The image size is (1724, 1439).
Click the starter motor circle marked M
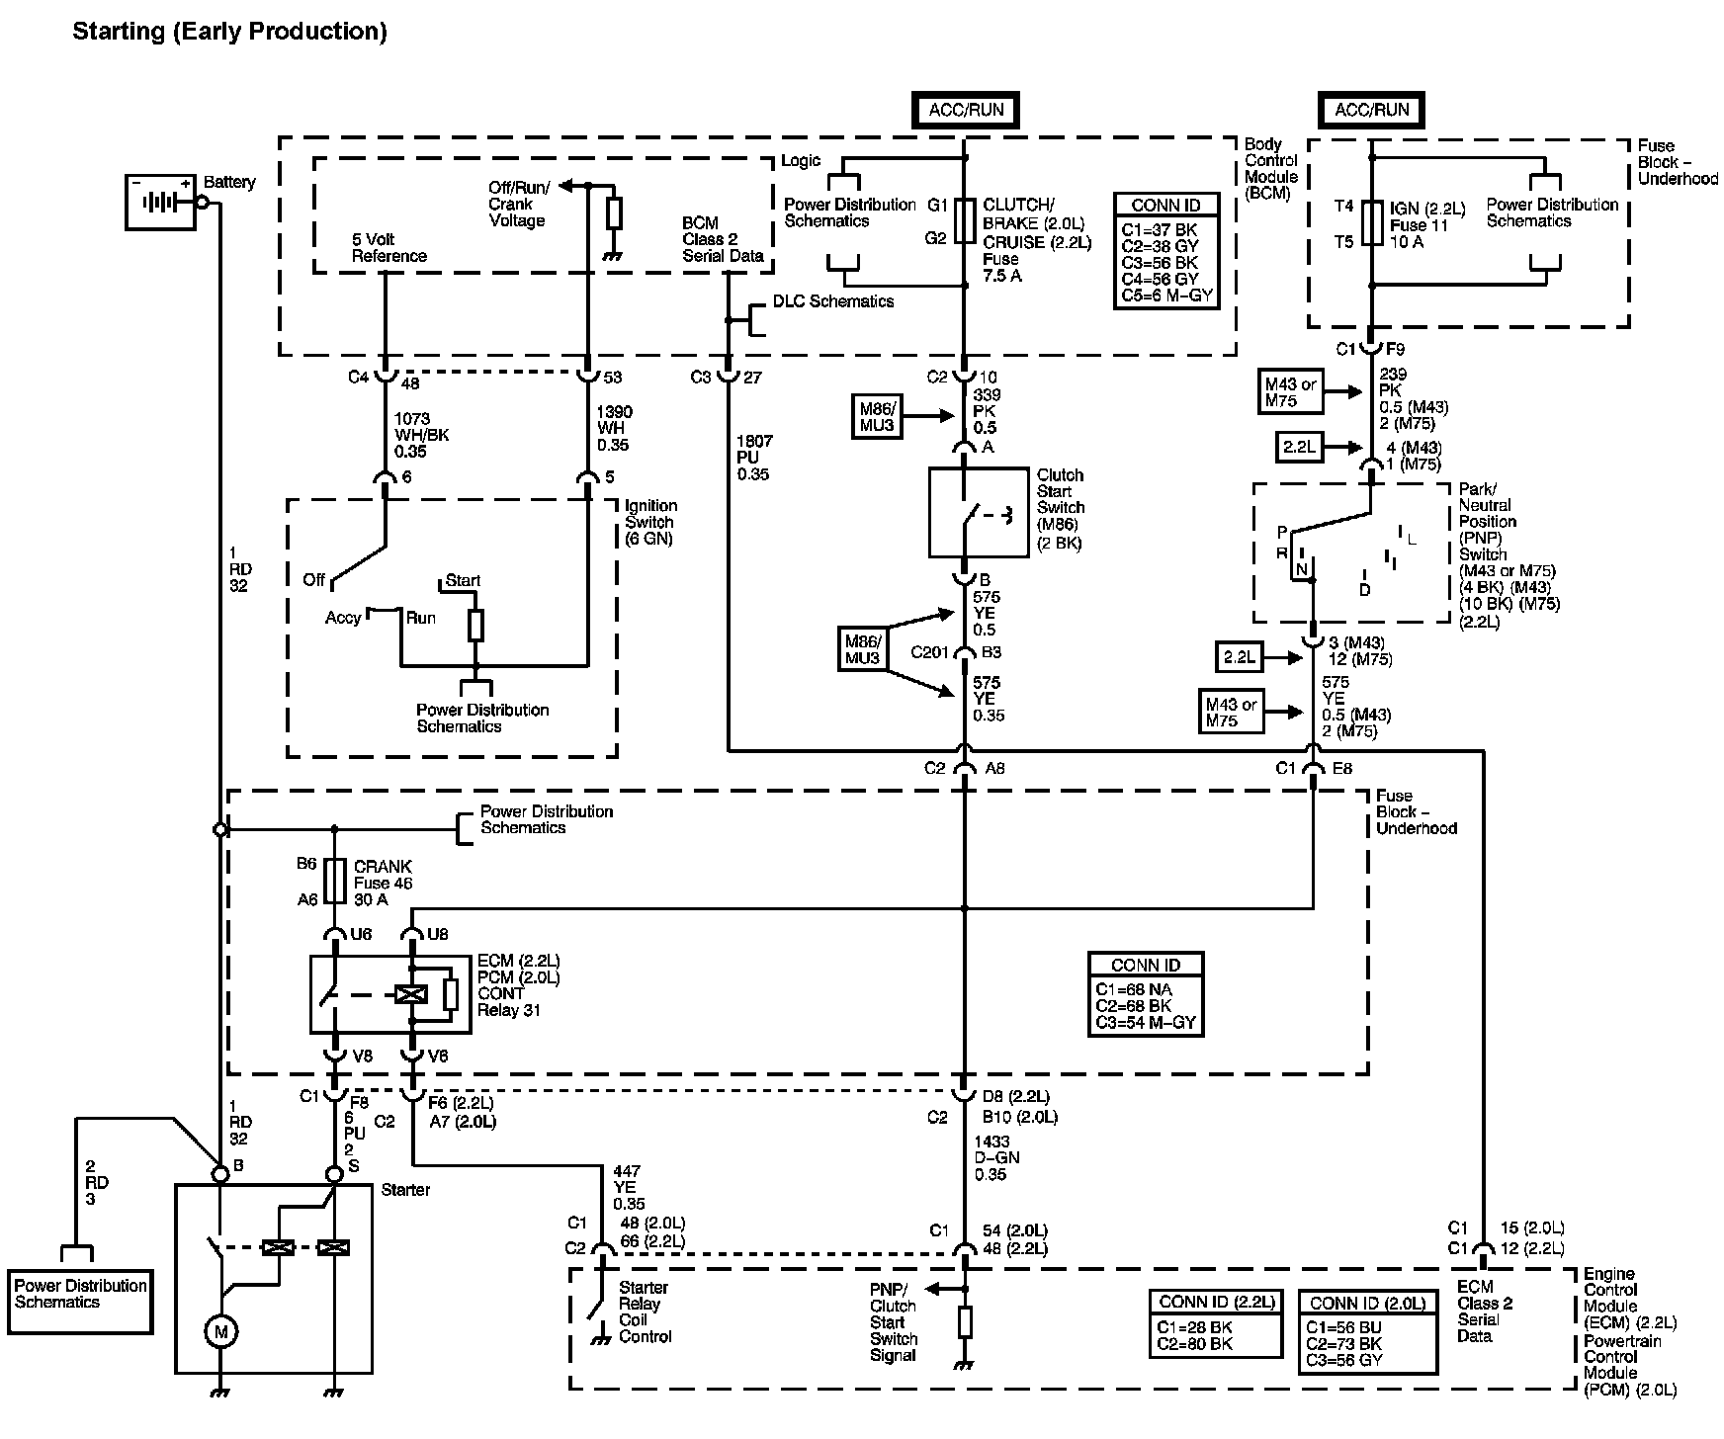[x=220, y=1332]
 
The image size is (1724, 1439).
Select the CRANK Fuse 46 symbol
[x=335, y=883]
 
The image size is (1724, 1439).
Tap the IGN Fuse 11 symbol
[x=1371, y=223]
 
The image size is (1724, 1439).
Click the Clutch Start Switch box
[x=979, y=512]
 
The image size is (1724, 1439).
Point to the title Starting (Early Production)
[x=229, y=32]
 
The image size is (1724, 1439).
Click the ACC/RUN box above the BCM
[x=966, y=110]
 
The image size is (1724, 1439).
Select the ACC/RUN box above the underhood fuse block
[x=1372, y=110]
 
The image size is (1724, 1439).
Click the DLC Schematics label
[x=833, y=301]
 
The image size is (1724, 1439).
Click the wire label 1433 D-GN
[x=995, y=1157]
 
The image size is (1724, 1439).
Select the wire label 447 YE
[x=629, y=1187]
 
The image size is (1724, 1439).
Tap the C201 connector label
[x=928, y=652]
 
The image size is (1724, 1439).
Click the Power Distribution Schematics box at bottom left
[x=80, y=1301]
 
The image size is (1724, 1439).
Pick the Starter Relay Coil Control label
[x=646, y=1312]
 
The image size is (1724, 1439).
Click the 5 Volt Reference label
[x=389, y=247]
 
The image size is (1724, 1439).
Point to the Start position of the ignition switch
[x=463, y=580]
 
